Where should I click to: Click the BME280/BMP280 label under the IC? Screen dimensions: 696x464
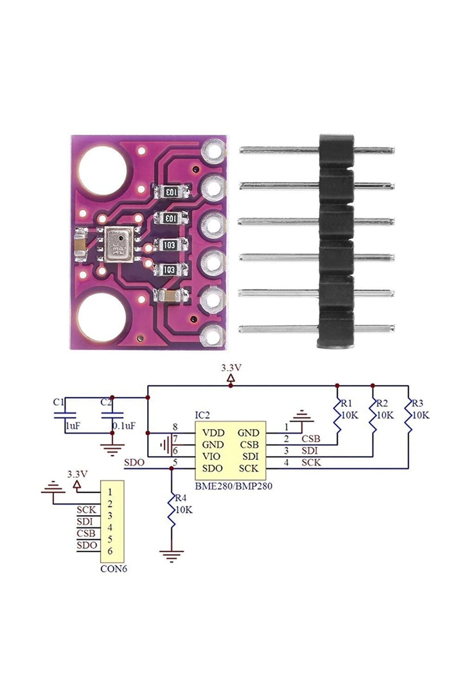pyautogui.click(x=233, y=486)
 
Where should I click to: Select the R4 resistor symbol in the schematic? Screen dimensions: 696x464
pyautogui.click(x=171, y=513)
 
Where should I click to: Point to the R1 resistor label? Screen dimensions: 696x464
pyautogui.click(x=347, y=403)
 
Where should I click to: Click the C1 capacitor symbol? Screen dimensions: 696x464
pyautogui.click(x=65, y=415)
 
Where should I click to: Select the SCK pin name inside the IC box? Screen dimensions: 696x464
pyautogui.click(x=248, y=468)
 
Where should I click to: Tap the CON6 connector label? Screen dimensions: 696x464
pyautogui.click(x=113, y=569)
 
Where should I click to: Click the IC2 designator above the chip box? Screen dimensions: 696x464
pyautogui.click(x=202, y=415)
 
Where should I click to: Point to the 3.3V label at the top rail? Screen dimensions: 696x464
pyautogui.click(x=231, y=368)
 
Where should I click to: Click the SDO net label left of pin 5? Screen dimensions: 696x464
pyautogui.click(x=134, y=463)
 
